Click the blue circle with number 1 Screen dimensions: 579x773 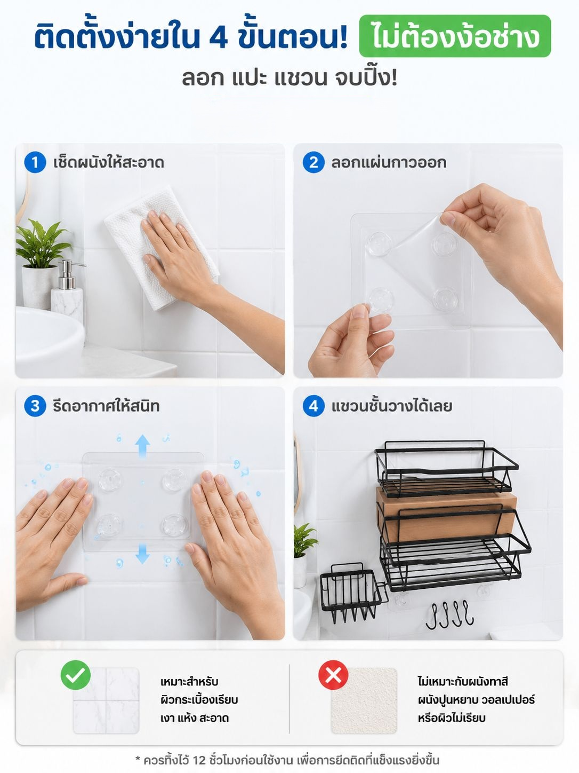35,162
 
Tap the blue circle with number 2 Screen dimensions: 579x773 313,162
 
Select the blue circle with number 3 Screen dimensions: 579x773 35,406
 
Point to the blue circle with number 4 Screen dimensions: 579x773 313,406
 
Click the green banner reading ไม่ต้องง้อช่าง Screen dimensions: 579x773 455,36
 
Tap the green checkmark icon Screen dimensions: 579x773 76,675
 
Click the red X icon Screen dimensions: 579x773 333,675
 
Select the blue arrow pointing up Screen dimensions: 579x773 142,446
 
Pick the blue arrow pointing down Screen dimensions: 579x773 142,554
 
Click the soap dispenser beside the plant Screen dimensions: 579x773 68,290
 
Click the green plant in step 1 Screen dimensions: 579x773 42,243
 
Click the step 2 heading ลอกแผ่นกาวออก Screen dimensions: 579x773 389,163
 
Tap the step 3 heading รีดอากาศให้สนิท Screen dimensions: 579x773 106,406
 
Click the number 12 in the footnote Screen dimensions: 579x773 199,760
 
